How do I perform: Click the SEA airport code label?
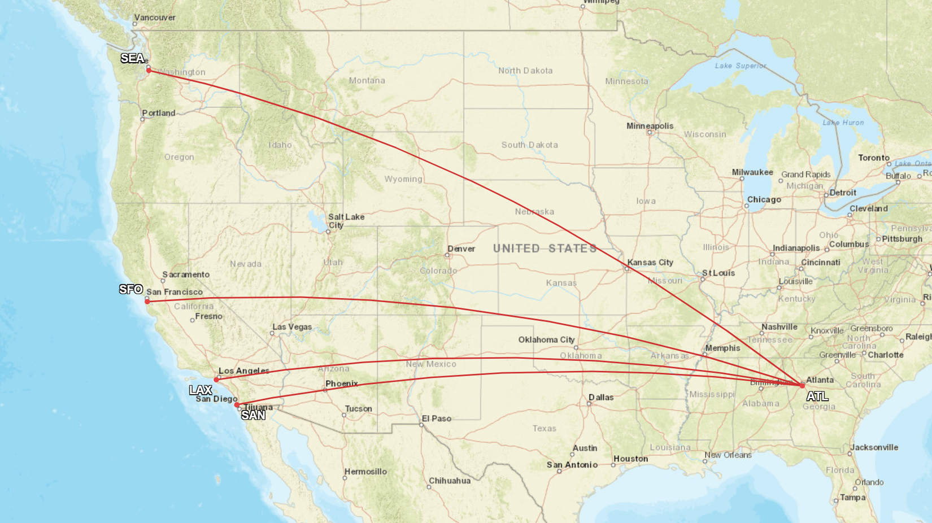[x=133, y=58]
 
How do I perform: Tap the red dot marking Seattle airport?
[x=149, y=71]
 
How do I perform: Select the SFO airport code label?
[x=131, y=289]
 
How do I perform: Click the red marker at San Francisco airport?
[x=147, y=302]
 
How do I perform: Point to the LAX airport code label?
[x=201, y=390]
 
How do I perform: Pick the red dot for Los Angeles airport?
[x=216, y=380]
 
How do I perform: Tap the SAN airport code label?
[x=253, y=415]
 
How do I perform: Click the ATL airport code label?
[x=817, y=396]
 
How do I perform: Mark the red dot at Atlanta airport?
[x=802, y=385]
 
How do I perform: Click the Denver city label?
[x=461, y=249]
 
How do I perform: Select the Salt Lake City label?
[x=346, y=221]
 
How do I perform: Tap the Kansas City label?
[x=650, y=263]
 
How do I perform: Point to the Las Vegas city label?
[x=292, y=327]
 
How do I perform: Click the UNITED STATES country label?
[x=545, y=249]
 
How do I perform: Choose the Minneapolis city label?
[x=650, y=126]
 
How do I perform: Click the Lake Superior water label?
[x=741, y=66]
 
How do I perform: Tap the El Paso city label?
[x=437, y=419]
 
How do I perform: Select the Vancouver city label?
[x=155, y=18]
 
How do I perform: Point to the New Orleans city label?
[x=728, y=455]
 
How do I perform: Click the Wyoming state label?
[x=403, y=179]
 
